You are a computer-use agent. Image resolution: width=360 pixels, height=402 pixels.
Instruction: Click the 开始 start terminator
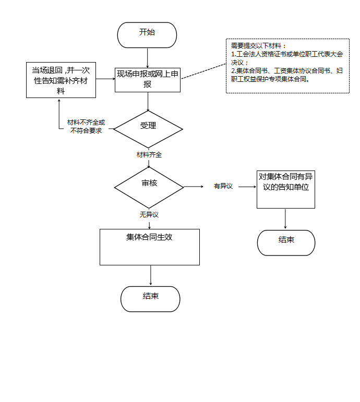coord(147,35)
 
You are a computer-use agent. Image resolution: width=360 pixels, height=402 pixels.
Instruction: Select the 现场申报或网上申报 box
coord(148,80)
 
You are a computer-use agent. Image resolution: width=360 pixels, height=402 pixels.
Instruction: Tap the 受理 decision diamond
coord(148,129)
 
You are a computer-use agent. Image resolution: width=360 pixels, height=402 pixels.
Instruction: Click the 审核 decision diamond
coord(149,187)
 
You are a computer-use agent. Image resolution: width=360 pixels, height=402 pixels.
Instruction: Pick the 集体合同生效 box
coord(150,247)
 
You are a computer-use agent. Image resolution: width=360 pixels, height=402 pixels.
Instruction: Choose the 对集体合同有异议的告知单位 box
coord(286,189)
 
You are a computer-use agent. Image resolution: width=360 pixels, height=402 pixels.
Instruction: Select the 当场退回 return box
coord(61,80)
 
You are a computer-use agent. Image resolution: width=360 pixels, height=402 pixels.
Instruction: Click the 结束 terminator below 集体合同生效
coord(150,299)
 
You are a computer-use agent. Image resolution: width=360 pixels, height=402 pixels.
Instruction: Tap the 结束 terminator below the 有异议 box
coord(286,242)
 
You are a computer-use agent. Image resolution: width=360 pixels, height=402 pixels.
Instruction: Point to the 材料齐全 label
coord(149,155)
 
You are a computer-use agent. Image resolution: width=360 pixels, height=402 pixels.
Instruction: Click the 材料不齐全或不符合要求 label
coord(86,126)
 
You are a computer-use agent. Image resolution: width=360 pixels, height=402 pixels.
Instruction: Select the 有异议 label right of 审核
coord(223,186)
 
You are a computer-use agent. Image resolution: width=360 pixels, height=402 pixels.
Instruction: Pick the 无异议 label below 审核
coord(149,214)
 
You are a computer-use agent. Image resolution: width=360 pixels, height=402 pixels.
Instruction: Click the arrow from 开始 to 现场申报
coord(148,58)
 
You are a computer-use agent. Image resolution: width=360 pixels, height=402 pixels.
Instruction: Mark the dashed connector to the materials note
coord(203,71)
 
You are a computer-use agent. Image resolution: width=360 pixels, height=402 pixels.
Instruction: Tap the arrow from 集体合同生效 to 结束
coord(151,275)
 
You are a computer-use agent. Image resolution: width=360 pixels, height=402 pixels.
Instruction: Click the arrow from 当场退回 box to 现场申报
coord(105,79)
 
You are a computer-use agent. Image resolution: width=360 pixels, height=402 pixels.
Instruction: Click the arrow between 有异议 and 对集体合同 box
coord(247,187)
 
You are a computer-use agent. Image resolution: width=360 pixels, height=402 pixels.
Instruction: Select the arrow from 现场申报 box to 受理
coord(148,102)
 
